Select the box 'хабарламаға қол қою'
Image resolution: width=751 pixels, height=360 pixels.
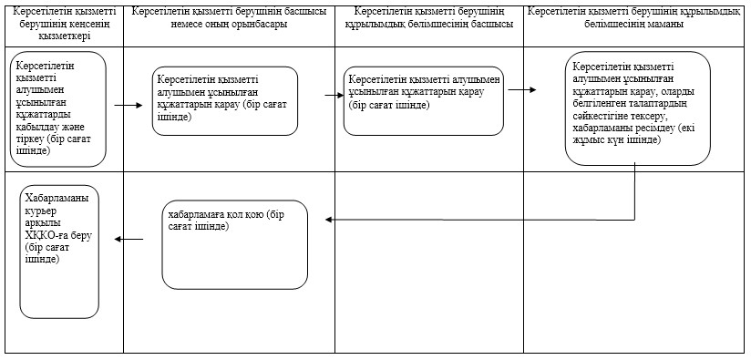click(x=235, y=244)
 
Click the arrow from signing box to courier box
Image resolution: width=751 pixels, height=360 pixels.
click(x=129, y=239)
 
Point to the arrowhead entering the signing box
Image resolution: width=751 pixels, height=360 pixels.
click(x=328, y=220)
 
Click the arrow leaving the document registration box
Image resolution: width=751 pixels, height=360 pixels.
click(x=129, y=105)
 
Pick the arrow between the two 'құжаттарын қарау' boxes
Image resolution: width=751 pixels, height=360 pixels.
click(x=334, y=96)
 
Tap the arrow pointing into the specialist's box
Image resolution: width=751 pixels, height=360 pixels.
click(x=522, y=89)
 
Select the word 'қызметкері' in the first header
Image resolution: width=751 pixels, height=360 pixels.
click(x=64, y=36)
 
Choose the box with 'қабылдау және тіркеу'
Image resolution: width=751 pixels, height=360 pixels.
click(x=58, y=109)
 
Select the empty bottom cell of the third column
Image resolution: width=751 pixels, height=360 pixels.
click(x=429, y=262)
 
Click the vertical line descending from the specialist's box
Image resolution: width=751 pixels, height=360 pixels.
click(x=635, y=191)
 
